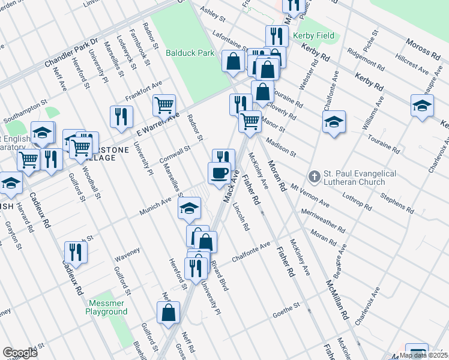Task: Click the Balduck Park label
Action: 190,53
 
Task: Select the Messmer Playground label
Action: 106,307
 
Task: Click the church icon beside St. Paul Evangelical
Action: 313,176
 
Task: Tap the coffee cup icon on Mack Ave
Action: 219,173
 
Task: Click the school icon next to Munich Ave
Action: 189,208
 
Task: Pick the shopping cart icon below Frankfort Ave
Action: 164,105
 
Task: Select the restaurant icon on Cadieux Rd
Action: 76,251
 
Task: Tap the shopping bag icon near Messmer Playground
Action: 169,312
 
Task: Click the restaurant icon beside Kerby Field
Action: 276,35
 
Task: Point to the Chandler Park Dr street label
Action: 71,53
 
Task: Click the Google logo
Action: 20,353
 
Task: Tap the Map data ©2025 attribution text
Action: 423,355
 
